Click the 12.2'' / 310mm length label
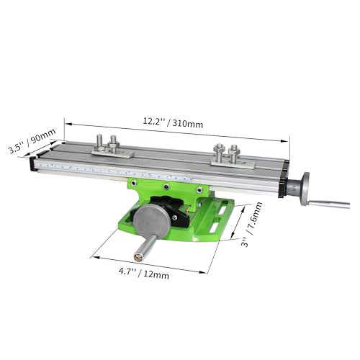[174, 124]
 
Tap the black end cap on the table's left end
[32, 164]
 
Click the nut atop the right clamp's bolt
[233, 150]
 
